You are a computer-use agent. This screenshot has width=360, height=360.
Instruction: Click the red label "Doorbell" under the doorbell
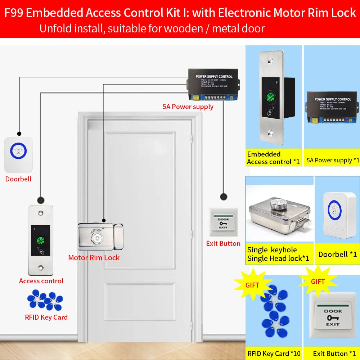(18, 179)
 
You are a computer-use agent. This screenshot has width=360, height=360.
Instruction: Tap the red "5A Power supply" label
(188, 107)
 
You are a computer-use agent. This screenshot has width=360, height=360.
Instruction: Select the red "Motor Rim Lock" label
(94, 258)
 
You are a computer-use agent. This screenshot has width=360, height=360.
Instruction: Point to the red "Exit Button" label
(223, 244)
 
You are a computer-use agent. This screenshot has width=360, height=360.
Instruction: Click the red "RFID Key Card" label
(46, 317)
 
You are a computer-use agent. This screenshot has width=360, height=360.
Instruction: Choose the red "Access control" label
(41, 281)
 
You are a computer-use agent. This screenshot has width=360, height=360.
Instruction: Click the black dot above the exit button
(224, 197)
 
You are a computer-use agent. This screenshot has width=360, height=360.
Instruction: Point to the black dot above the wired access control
(41, 199)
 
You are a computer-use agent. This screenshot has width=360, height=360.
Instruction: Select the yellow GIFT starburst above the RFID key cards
(252, 285)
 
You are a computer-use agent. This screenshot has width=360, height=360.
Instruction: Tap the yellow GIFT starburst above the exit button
(318, 282)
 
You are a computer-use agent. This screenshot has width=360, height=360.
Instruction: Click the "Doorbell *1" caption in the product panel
(337, 255)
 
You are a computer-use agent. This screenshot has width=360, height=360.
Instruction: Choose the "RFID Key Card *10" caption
(274, 354)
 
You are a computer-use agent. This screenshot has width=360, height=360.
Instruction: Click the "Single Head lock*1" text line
(278, 258)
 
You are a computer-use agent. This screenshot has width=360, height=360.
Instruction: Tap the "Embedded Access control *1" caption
(273, 158)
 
